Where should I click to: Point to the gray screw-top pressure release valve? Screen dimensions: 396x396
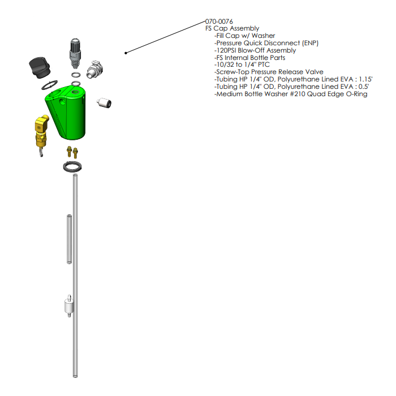pyautogui.click(x=75, y=50)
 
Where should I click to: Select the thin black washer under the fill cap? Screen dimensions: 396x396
pyautogui.click(x=50, y=85)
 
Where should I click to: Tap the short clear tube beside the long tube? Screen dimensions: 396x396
pyautogui.click(x=69, y=239)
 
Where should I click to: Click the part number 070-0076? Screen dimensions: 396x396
pyautogui.click(x=219, y=21)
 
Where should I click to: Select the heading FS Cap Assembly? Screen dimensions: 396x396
pyautogui.click(x=232, y=28)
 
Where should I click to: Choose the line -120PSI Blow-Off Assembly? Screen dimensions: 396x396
pyautogui.click(x=255, y=50)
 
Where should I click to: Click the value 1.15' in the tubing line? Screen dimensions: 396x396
pyautogui.click(x=360, y=80)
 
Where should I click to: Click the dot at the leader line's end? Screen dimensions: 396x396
pyautogui.click(x=126, y=53)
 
